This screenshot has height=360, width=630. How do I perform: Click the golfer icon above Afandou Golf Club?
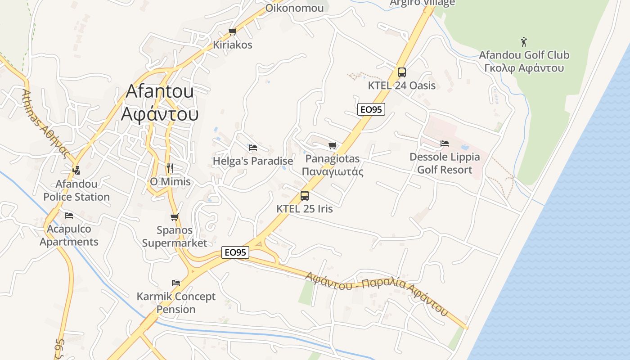pos(524,42)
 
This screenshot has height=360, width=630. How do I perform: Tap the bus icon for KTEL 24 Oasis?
pos(402,72)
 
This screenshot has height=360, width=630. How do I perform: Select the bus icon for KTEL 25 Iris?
pos(305,196)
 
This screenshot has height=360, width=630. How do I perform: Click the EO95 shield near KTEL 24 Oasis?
pos(371,109)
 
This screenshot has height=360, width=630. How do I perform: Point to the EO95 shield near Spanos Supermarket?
pos(235,252)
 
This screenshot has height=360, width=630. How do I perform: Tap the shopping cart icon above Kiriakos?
pos(232,31)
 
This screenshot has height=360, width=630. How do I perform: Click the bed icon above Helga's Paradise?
pos(253,147)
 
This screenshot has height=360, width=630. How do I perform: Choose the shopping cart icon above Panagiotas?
pos(332,145)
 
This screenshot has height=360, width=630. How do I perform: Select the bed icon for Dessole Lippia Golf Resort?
pos(445,144)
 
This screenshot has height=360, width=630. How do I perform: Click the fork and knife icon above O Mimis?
pos(170,168)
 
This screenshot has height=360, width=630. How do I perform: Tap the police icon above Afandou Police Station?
pos(76,170)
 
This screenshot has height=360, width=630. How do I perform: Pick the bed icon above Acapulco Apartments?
pos(69,216)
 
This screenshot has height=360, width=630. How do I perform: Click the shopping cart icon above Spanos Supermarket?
pos(175,217)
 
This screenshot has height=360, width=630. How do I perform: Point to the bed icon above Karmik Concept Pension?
pos(176,283)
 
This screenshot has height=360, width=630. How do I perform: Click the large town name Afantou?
pos(160,91)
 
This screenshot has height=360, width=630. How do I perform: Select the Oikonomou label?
pos(294,8)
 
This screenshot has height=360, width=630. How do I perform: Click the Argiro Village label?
pos(422,3)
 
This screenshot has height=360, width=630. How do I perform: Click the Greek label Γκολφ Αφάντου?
pos(524,68)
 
